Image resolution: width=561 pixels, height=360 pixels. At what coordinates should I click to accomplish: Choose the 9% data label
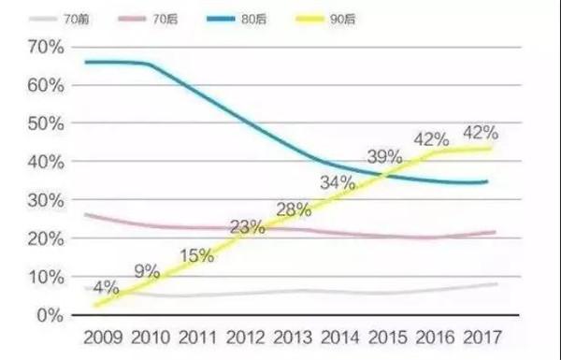[x=146, y=272]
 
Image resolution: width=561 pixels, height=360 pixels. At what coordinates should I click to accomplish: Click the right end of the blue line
[x=486, y=181]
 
